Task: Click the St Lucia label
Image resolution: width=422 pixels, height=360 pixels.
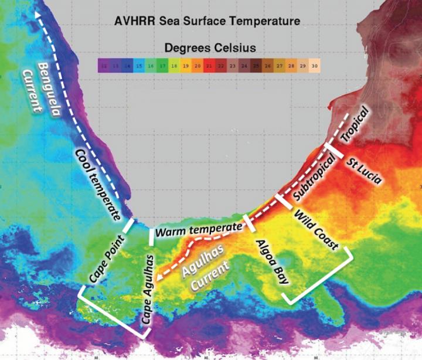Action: coord(363,171)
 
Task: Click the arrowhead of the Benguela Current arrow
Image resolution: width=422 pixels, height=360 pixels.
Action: coord(39,14)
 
